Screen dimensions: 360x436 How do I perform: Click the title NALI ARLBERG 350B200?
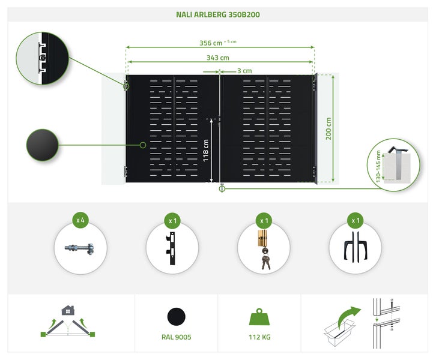[x=218, y=14]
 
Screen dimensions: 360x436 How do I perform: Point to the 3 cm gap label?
[x=244, y=70]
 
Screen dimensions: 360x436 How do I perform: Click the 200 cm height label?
[x=329, y=128]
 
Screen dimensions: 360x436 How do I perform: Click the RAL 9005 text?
[x=176, y=337]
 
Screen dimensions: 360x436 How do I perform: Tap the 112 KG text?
[x=259, y=337]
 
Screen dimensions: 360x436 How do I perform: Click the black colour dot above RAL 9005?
[x=176, y=316]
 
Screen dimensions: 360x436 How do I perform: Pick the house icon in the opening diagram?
[x=68, y=310]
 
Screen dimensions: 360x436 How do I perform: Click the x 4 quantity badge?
[x=80, y=220]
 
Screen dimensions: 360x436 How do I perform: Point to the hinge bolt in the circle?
[x=80, y=248]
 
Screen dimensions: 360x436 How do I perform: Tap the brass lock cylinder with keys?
[x=264, y=248]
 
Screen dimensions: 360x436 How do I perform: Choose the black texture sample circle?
[x=42, y=145]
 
